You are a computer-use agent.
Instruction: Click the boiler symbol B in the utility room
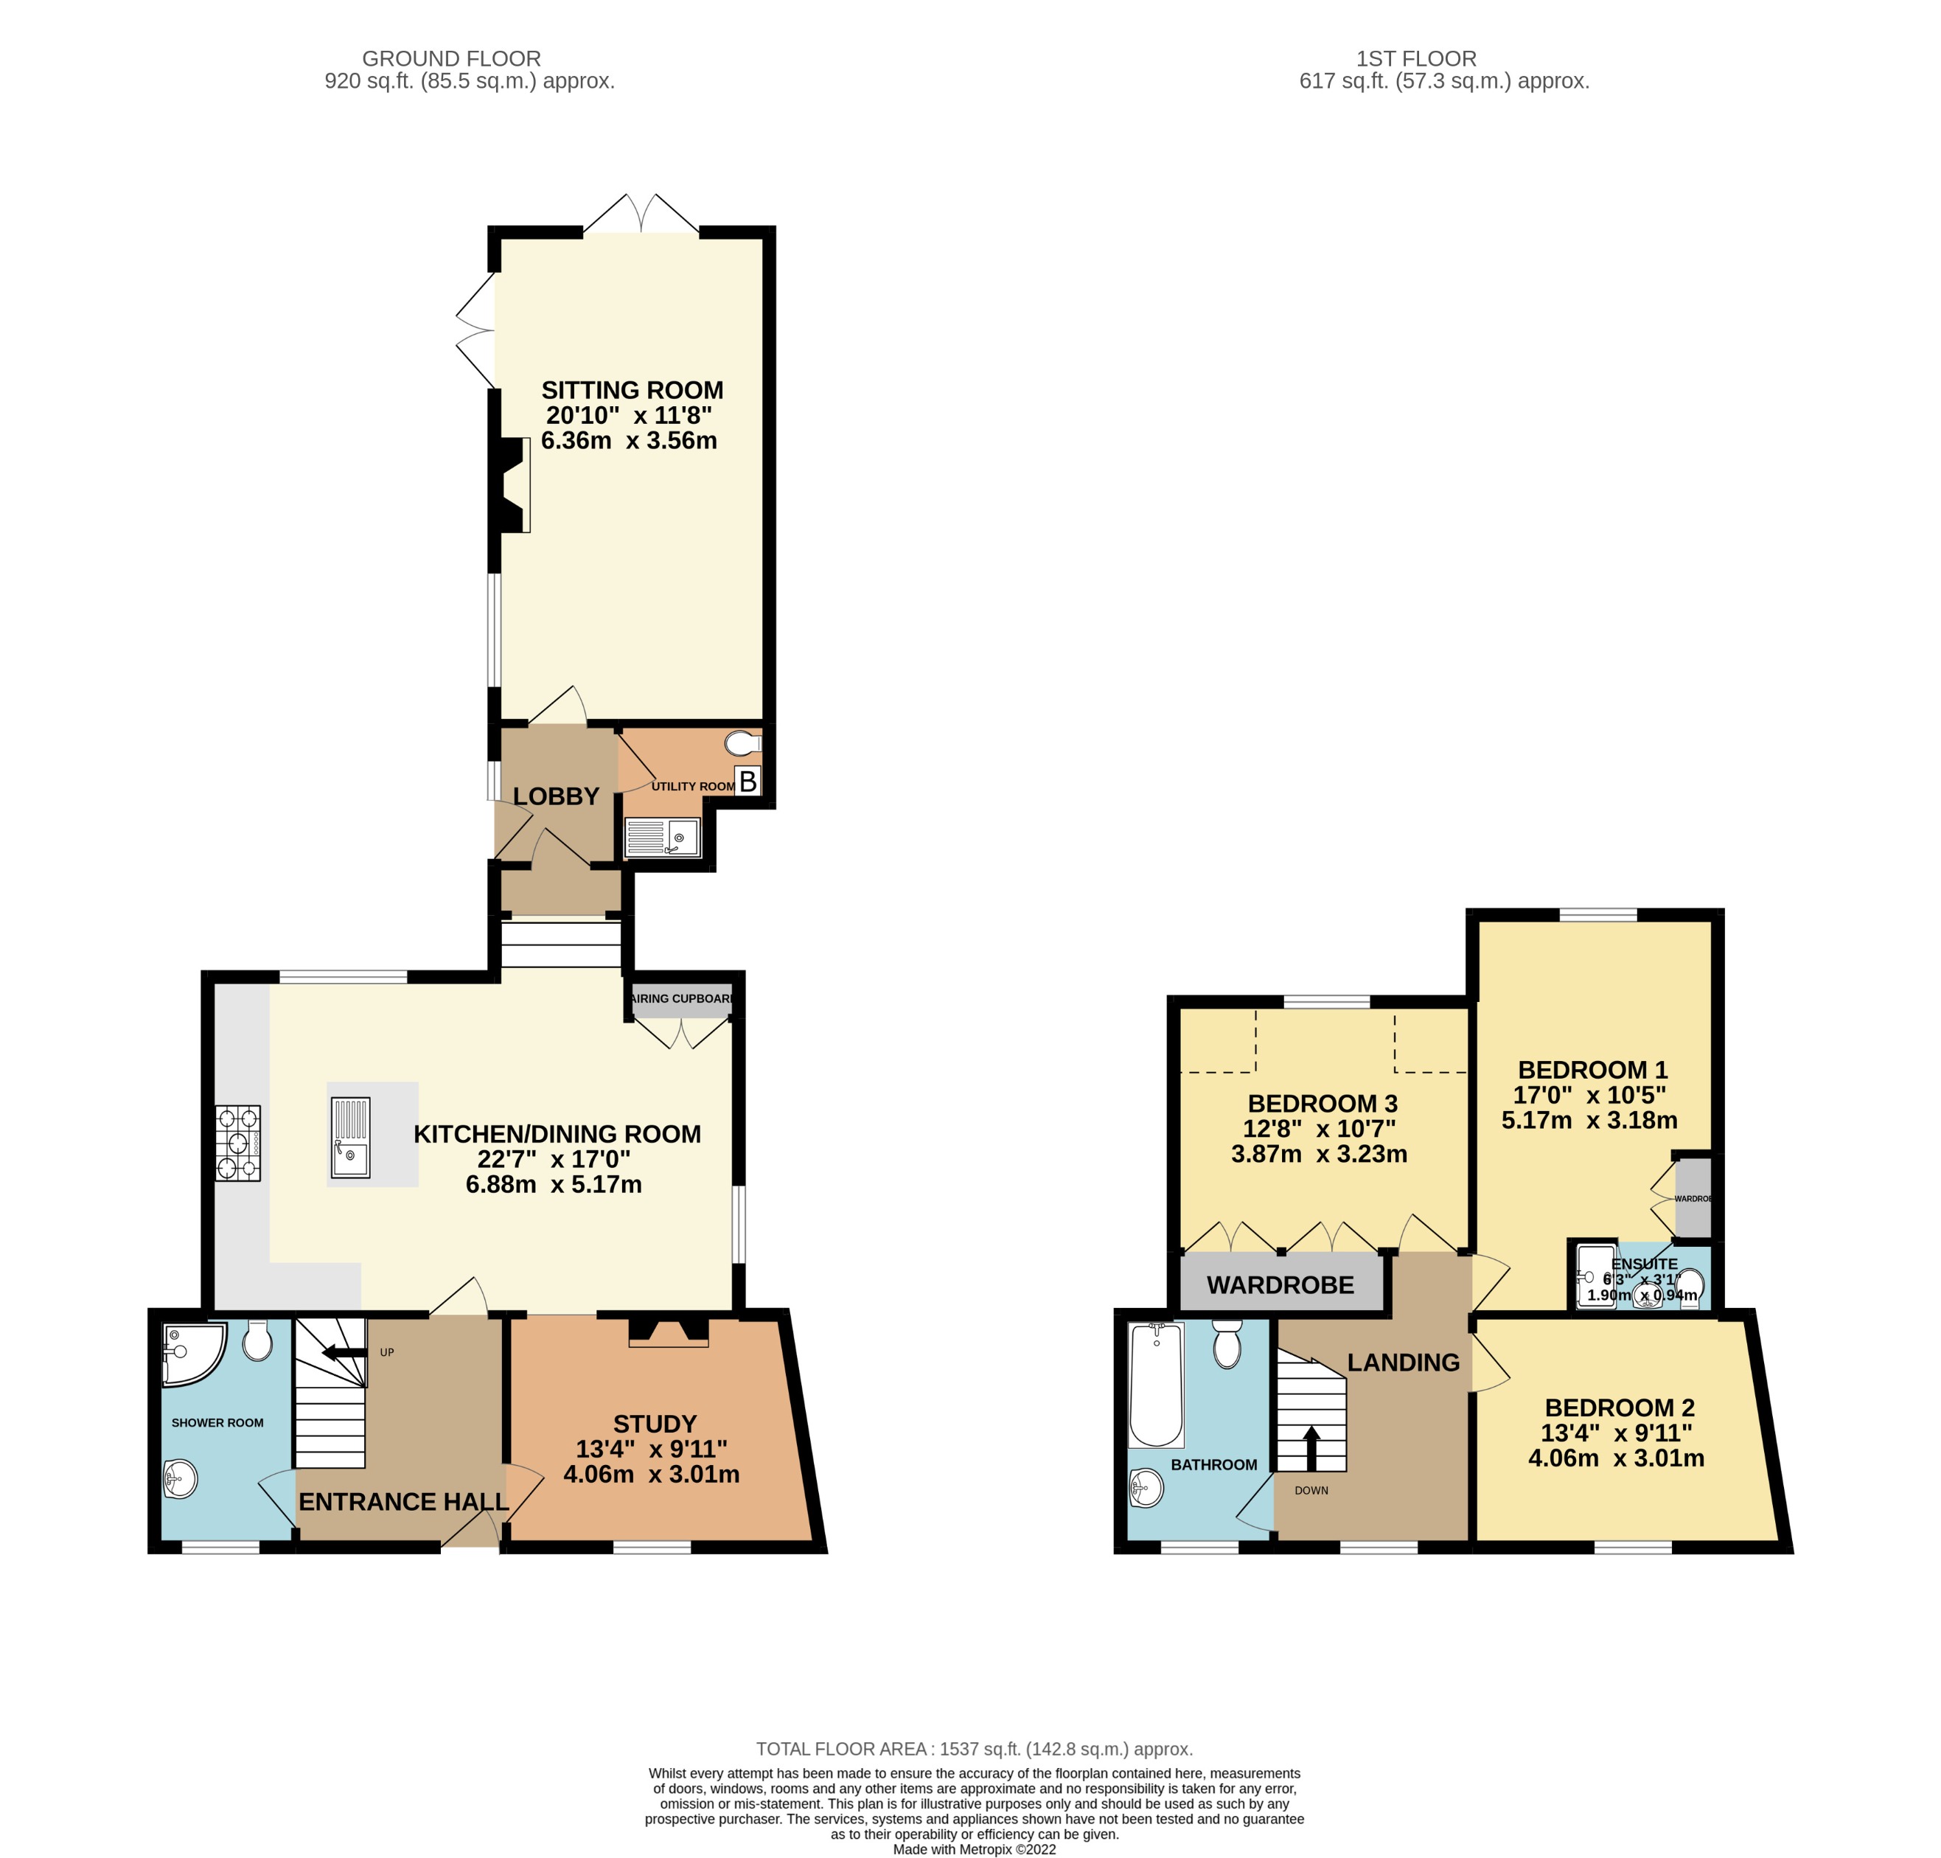click(748, 782)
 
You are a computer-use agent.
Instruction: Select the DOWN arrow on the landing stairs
click(1311, 1447)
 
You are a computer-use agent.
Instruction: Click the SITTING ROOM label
click(632, 390)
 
